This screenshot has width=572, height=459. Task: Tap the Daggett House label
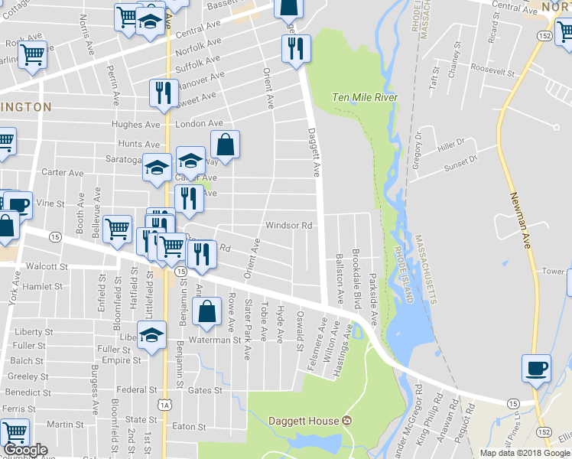303,421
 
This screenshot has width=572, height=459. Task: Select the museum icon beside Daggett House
346,421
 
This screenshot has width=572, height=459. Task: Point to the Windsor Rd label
289,226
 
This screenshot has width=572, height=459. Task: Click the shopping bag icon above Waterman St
207,311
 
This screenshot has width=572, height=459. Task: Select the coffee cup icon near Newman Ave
536,368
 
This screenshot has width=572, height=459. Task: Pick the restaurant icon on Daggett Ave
295,48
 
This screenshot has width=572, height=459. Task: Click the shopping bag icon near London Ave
226,143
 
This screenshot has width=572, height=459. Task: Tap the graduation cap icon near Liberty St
152,334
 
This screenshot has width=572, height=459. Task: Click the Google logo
25,450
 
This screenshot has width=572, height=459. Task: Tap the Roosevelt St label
493,70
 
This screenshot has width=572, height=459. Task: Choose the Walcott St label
47,266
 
